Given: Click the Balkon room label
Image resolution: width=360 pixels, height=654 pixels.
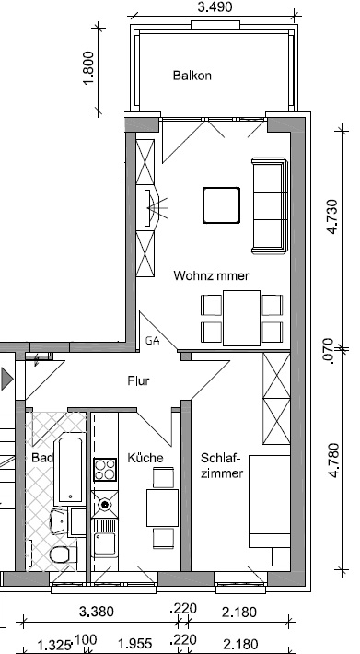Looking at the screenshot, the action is pos(192,76).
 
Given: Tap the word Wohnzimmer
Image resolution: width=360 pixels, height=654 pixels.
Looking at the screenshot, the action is pos(211,275).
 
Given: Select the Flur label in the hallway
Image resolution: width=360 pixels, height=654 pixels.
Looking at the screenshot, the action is pos(138,380).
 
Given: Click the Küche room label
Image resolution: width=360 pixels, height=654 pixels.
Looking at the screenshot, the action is pos(145,458).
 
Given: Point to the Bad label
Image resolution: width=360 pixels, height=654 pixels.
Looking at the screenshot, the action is pos(42,458).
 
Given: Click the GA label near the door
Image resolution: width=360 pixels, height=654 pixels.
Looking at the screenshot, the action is pos(153,341).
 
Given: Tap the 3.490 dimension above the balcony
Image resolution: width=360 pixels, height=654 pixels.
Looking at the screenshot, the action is pos(215,7).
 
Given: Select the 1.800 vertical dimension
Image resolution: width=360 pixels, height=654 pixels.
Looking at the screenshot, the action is pos(89,67).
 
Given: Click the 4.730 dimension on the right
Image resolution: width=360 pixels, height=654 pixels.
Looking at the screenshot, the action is pos(333,216).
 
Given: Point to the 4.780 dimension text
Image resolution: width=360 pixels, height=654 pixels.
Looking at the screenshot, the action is pos(333,460).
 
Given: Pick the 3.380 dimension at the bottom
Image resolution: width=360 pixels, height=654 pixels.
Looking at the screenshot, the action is pos(97,612).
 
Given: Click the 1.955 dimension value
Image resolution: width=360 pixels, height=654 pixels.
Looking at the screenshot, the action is pos(134,644).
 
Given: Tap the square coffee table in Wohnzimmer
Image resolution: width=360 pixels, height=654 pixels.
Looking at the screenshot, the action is pos(221,205).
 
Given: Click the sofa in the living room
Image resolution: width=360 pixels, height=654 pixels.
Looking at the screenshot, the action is pos(270,205).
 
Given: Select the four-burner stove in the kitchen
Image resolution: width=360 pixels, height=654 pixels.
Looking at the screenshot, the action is pos(105,469).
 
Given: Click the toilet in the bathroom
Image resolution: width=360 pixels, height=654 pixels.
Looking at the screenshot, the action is pos(63,555).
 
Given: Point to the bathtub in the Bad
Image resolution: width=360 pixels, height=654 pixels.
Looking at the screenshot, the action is pos(70,468).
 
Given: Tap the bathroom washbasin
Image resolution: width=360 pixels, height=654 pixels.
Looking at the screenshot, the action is pos(59,521).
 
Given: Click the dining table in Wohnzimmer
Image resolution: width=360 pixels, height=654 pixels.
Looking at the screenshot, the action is pos(241,318).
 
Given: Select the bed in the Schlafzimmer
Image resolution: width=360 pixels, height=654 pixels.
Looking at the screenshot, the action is pos(270,501).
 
